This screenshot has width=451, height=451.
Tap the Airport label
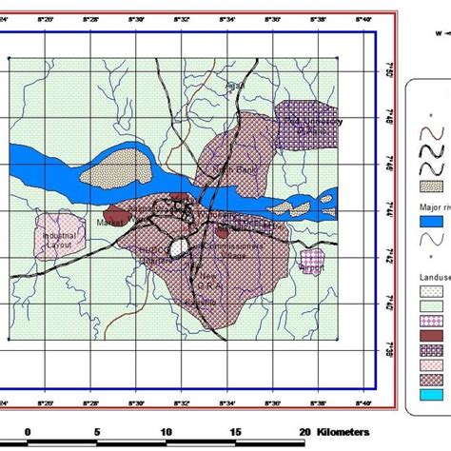click(x=312, y=267)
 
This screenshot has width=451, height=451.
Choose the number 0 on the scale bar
click(x=28, y=430)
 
